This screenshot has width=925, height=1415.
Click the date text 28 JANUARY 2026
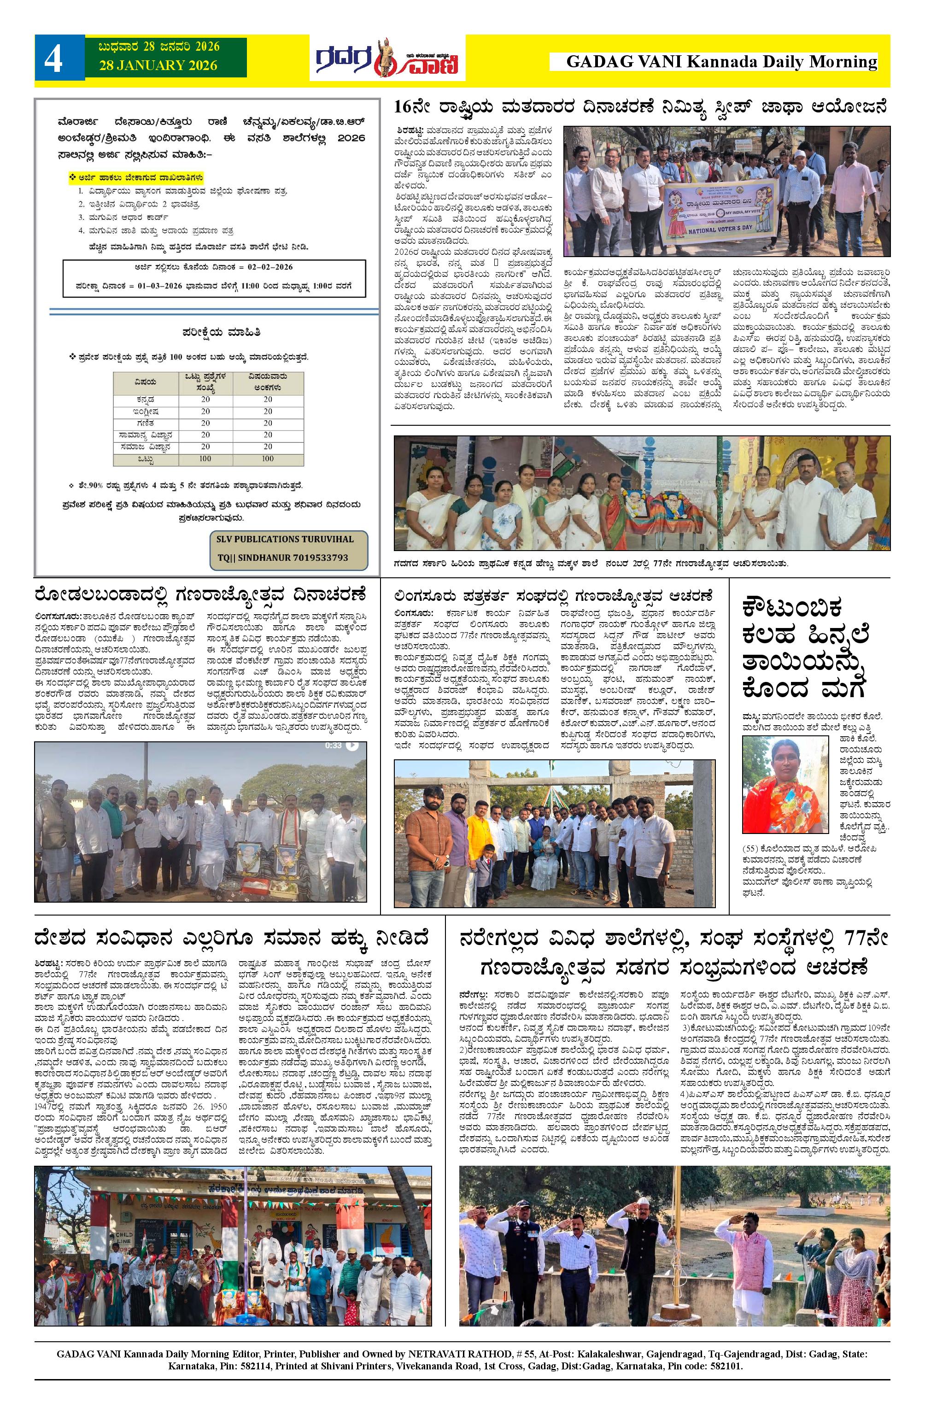(159, 65)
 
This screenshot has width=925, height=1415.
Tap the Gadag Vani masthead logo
(387, 58)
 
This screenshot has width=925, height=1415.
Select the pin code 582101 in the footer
(724, 1349)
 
